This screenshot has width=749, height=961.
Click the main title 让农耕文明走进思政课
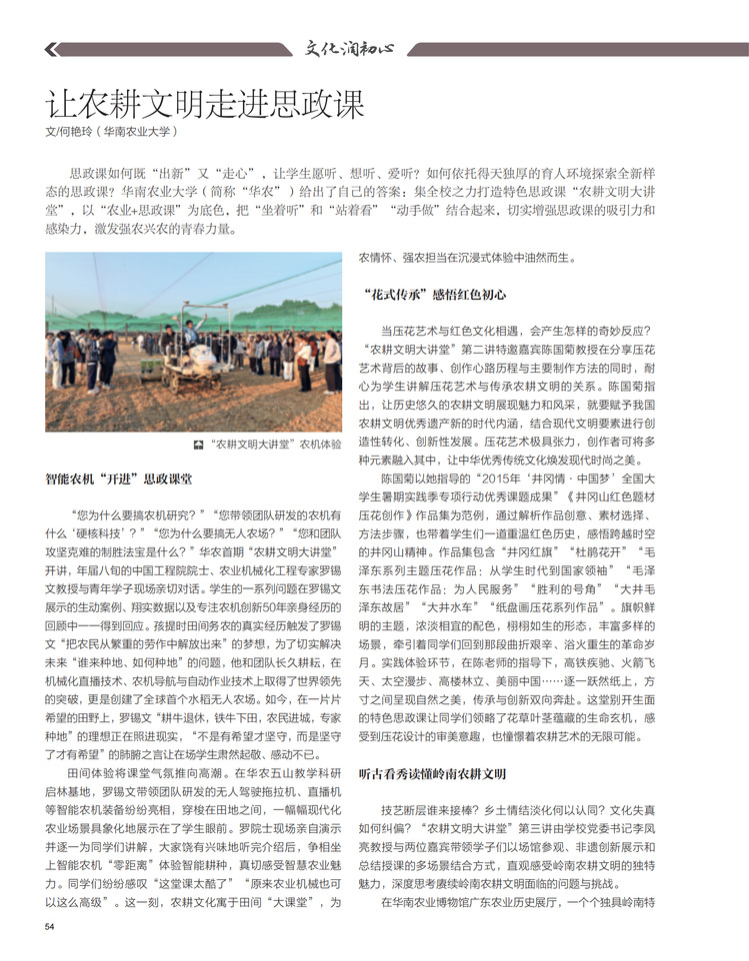[206, 103]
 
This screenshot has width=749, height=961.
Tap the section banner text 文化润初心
[350, 47]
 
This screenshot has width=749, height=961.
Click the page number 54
[50, 926]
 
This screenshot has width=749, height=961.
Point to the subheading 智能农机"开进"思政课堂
[119, 480]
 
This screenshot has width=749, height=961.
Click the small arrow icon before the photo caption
[200, 444]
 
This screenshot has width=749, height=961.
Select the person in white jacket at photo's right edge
[331, 363]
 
